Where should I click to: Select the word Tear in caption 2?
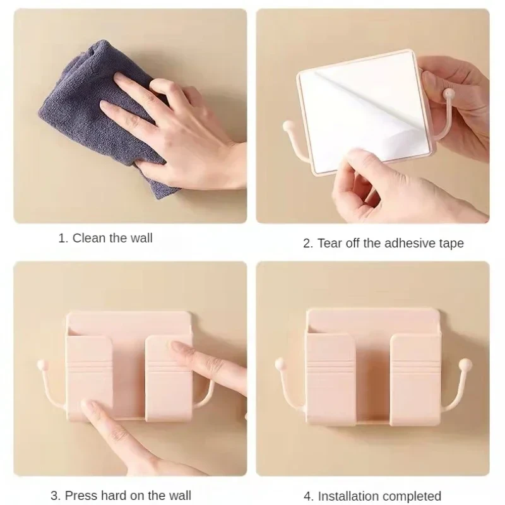tap(330, 243)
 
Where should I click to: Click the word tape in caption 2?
tap(451, 243)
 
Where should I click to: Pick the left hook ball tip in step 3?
tap(42, 364)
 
